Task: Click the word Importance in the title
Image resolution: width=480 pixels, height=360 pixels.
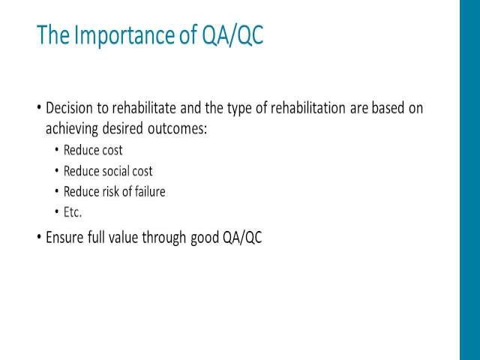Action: (x=124, y=35)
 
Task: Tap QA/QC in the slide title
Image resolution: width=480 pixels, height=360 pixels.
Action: (x=232, y=35)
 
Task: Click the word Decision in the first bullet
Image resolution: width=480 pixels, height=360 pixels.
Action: (x=69, y=108)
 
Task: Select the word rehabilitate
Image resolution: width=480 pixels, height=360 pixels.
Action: (x=144, y=108)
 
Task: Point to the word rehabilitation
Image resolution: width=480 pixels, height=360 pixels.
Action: (x=308, y=108)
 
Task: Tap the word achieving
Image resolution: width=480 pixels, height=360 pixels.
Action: (x=72, y=129)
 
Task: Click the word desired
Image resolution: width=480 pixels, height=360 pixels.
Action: (x=123, y=128)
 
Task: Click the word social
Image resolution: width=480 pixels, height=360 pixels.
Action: (x=115, y=171)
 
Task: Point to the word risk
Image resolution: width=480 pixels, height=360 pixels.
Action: (x=110, y=192)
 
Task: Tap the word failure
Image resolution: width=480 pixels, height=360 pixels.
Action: (x=150, y=192)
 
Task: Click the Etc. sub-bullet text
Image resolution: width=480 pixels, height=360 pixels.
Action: (x=73, y=212)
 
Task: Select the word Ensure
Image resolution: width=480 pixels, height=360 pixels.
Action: (x=64, y=237)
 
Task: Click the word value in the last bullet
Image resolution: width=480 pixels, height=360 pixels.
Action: (x=123, y=237)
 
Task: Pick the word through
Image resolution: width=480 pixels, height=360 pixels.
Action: (x=164, y=238)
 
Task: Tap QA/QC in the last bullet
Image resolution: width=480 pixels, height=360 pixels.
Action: (x=242, y=237)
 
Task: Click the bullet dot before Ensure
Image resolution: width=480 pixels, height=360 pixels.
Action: (x=39, y=237)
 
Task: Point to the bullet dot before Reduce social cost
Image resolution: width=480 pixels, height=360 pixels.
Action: (x=57, y=171)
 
